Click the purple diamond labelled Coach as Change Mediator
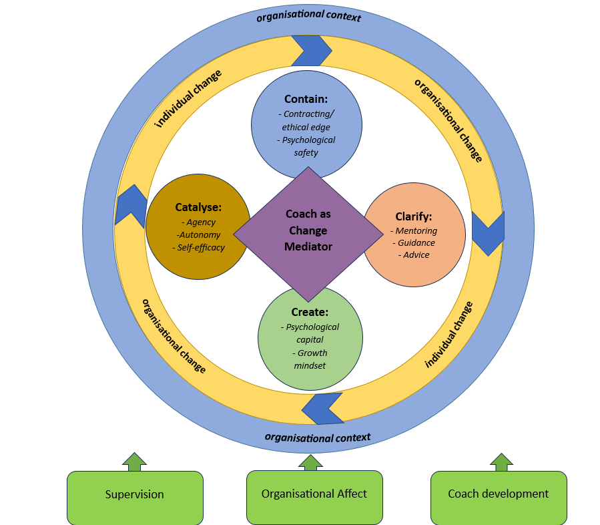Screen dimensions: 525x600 pyautogui.click(x=308, y=231)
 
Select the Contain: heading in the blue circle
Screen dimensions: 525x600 pyautogui.click(x=306, y=99)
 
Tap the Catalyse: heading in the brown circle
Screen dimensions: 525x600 pyautogui.click(x=198, y=206)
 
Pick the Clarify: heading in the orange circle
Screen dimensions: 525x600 pyautogui.click(x=413, y=216)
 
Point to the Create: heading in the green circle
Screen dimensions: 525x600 pyautogui.click(x=310, y=312)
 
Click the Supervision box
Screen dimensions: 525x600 pyautogui.click(x=134, y=495)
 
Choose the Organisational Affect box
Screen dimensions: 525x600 pyautogui.click(x=314, y=494)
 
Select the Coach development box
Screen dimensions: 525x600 pyautogui.click(x=498, y=494)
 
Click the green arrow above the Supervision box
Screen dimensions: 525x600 pyautogui.click(x=134, y=462)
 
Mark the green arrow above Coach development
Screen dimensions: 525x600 pyautogui.click(x=501, y=462)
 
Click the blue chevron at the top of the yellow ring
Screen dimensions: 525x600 pyautogui.click(x=311, y=50)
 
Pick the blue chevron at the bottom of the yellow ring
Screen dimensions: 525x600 pyautogui.click(x=322, y=408)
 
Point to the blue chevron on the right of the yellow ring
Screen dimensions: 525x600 pyautogui.click(x=489, y=233)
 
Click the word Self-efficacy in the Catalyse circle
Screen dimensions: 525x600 pyautogui.click(x=201, y=248)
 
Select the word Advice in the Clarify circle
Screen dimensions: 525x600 pyautogui.click(x=416, y=255)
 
